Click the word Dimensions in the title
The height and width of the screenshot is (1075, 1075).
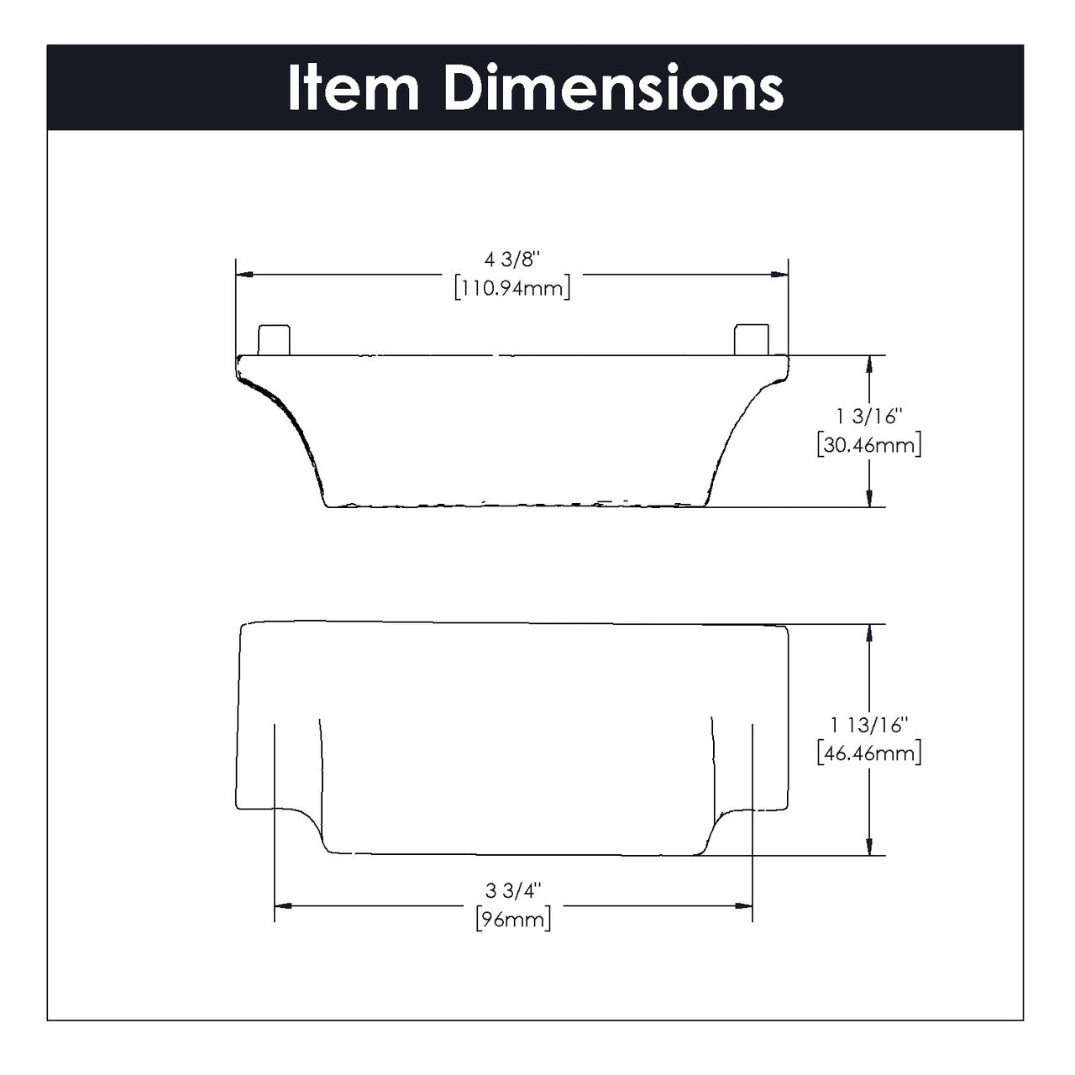coord(614,88)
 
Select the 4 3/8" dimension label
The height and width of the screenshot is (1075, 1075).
coord(512,261)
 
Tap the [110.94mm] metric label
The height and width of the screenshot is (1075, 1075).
coord(512,289)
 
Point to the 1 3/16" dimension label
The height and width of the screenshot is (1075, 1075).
coord(868,417)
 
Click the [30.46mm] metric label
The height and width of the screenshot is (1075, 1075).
coord(868,445)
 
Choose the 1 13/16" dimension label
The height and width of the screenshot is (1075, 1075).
coord(868,725)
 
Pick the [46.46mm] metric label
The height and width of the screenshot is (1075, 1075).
coord(868,753)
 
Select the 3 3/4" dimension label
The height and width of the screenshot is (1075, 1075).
coord(513,889)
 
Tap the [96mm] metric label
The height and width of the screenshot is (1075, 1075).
coord(513,919)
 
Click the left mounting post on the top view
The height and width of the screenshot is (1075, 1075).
coord(273,339)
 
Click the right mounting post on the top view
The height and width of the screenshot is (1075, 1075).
coord(751,339)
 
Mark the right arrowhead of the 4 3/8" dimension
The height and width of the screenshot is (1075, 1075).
coord(780,274)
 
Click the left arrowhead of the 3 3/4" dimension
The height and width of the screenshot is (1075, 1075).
coord(284,905)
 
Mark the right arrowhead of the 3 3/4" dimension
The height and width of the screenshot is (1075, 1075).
coord(742,905)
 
